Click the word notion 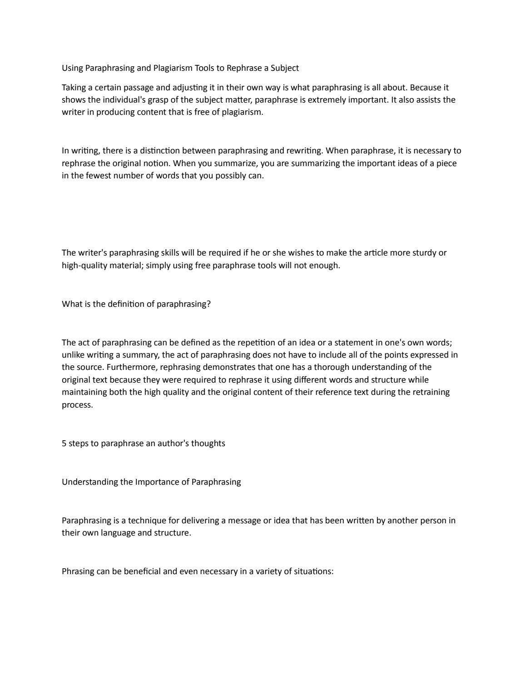(x=154, y=163)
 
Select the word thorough (x=332, y=367)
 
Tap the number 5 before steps (x=64, y=443)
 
